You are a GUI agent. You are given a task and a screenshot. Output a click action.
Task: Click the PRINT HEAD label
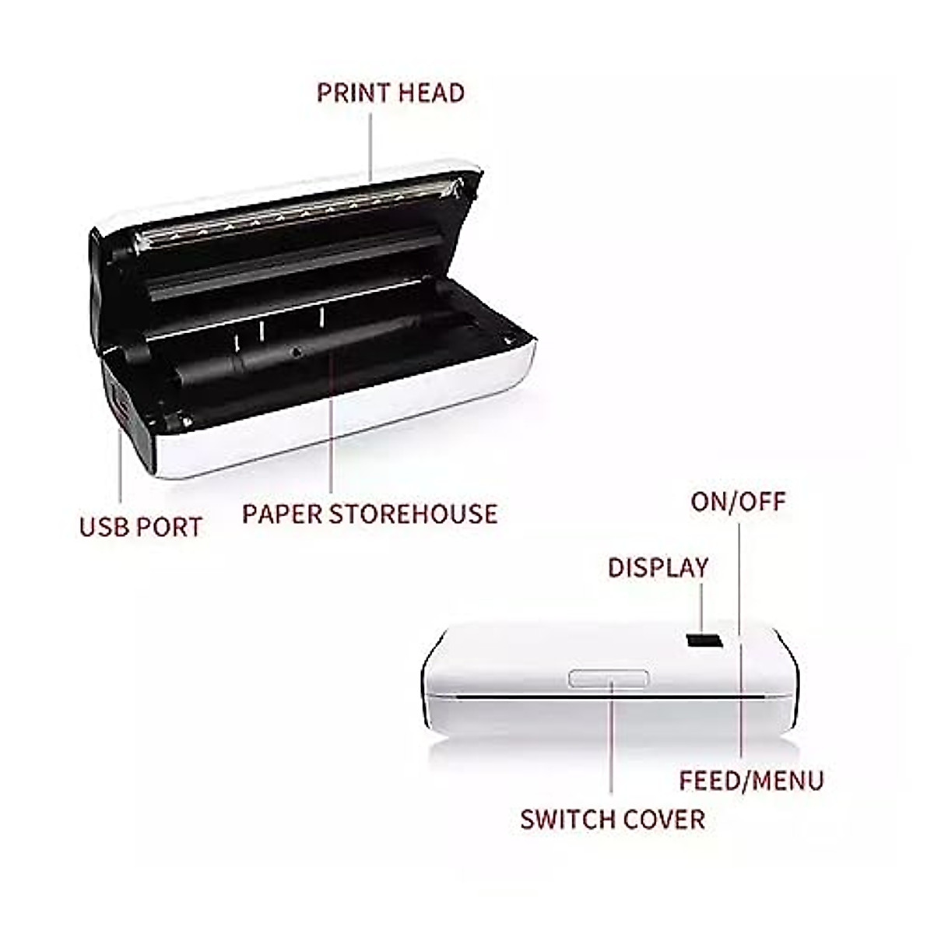(x=390, y=93)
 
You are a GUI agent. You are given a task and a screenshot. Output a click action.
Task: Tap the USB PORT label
(x=140, y=527)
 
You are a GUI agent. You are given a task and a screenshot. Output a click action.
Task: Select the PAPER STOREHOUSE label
(x=369, y=514)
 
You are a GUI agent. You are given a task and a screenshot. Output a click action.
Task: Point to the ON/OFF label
(x=738, y=501)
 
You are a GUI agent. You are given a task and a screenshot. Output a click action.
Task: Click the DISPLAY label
(x=658, y=567)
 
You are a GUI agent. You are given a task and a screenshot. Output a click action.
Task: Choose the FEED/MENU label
(x=751, y=780)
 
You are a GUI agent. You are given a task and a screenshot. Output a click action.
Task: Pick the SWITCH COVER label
(x=613, y=819)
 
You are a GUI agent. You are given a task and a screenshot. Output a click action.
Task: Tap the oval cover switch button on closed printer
(x=609, y=678)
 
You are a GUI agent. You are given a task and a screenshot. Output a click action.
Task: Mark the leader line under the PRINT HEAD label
(x=371, y=144)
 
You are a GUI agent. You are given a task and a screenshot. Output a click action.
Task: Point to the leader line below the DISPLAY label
(x=702, y=607)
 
